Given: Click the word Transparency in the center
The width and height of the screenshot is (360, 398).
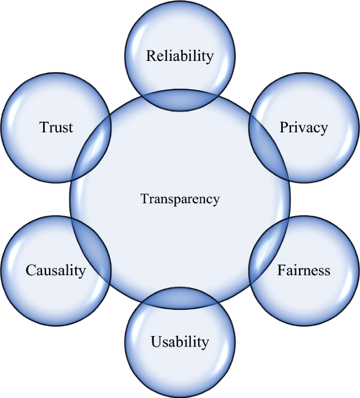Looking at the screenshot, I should point(180,199).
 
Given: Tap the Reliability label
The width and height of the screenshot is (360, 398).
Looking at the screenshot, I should point(180,56).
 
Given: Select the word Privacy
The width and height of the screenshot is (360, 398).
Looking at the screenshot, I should point(303,127).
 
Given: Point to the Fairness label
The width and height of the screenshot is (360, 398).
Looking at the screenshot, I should point(304,270).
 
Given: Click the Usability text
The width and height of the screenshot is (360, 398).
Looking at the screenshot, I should point(180,342).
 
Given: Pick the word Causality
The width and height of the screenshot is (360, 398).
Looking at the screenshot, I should point(55,270).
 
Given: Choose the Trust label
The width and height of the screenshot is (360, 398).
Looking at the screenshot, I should point(56,127).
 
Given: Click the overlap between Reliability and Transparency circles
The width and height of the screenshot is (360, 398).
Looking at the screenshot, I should point(180,99).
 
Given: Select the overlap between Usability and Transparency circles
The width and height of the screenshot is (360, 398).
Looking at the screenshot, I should point(180,298).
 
